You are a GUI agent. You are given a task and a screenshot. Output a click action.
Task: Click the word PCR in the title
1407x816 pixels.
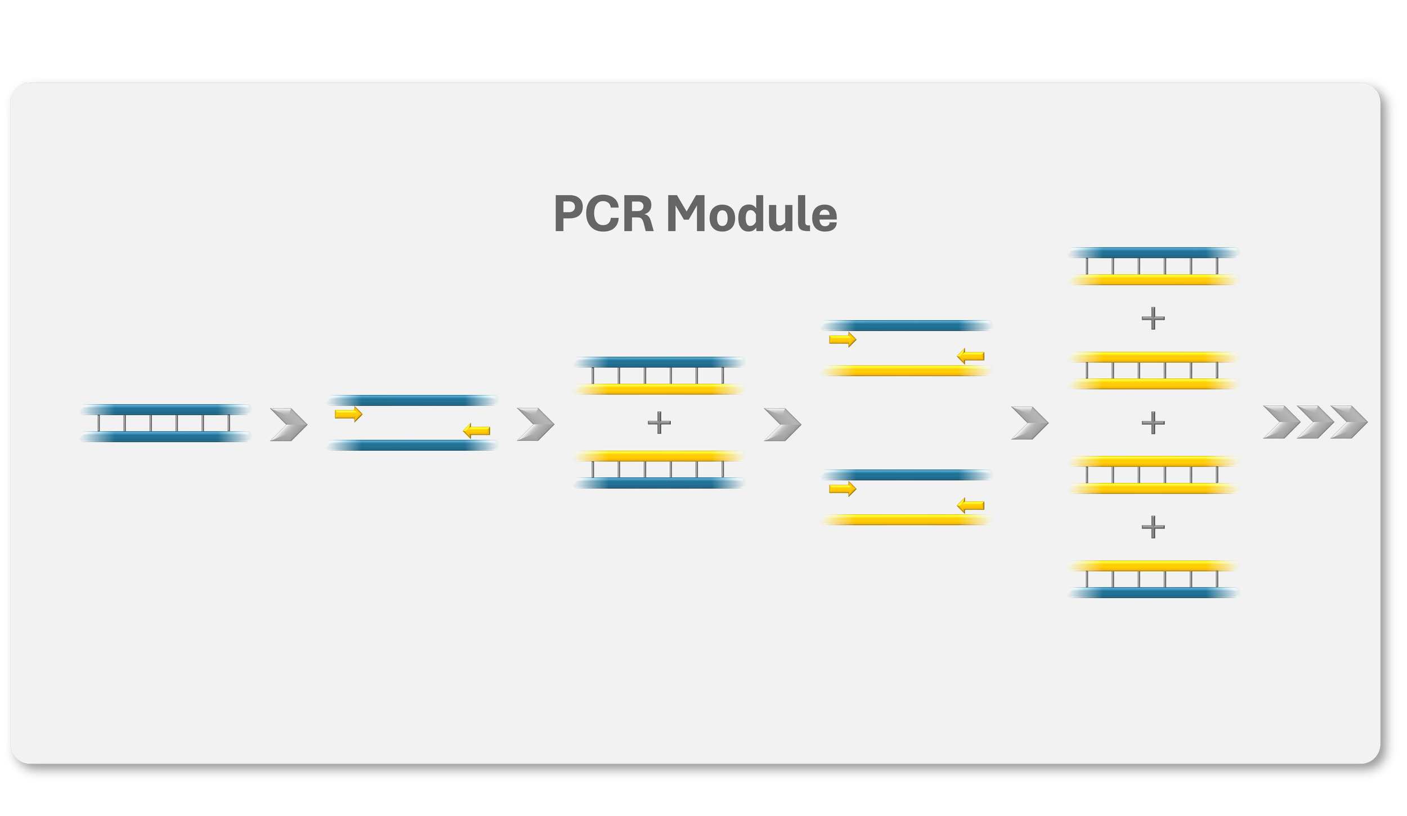pyautogui.click(x=603, y=214)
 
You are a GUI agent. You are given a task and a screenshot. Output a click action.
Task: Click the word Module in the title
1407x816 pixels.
pyautogui.click(x=751, y=214)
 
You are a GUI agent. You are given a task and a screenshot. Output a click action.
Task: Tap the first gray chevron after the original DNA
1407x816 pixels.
pyautogui.click(x=289, y=424)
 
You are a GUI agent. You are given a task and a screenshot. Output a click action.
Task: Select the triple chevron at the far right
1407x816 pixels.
pyautogui.click(x=1315, y=422)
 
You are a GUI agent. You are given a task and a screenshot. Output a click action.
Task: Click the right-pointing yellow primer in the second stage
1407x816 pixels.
pyautogui.click(x=348, y=414)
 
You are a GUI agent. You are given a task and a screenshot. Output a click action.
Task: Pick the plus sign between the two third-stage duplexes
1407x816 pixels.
pyautogui.click(x=659, y=422)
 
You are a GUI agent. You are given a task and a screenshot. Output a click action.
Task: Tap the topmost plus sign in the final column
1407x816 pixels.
pyautogui.click(x=1153, y=318)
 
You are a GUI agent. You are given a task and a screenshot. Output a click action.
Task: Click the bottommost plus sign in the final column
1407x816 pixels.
pyautogui.click(x=1153, y=527)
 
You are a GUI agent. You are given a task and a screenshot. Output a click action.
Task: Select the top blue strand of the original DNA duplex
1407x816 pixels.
pyautogui.click(x=165, y=409)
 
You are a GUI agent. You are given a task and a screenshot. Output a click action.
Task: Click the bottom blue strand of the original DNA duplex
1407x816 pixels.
pyautogui.click(x=165, y=437)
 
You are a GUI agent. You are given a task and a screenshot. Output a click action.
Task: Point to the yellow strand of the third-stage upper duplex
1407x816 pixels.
pyautogui.click(x=659, y=389)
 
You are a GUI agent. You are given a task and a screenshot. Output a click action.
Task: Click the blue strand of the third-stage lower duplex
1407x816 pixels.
pyautogui.click(x=659, y=483)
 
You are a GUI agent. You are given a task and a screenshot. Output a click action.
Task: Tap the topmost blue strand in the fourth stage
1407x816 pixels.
pyautogui.click(x=906, y=325)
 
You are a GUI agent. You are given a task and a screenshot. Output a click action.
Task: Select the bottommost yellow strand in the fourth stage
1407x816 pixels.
pyautogui.click(x=906, y=520)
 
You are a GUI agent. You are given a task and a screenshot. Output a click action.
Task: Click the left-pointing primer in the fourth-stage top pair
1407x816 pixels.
pyautogui.click(x=970, y=356)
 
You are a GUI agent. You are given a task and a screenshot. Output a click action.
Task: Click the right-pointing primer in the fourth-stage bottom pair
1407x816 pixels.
pyautogui.click(x=842, y=488)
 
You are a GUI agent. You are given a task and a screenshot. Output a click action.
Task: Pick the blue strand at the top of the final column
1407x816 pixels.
pyautogui.click(x=1153, y=253)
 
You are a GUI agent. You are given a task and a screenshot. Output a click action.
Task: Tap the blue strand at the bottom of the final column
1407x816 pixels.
pyautogui.click(x=1153, y=593)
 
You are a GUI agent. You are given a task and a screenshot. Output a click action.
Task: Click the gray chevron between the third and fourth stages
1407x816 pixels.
pyautogui.click(x=782, y=424)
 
